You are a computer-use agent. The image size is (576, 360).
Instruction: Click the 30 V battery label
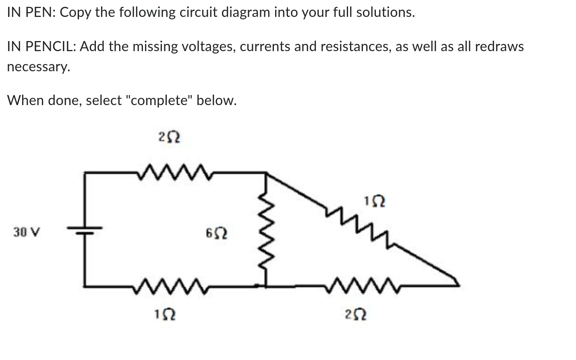[27, 232]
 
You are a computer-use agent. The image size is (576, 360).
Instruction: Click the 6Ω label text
[216, 233]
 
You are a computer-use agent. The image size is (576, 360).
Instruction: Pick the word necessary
[38, 66]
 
